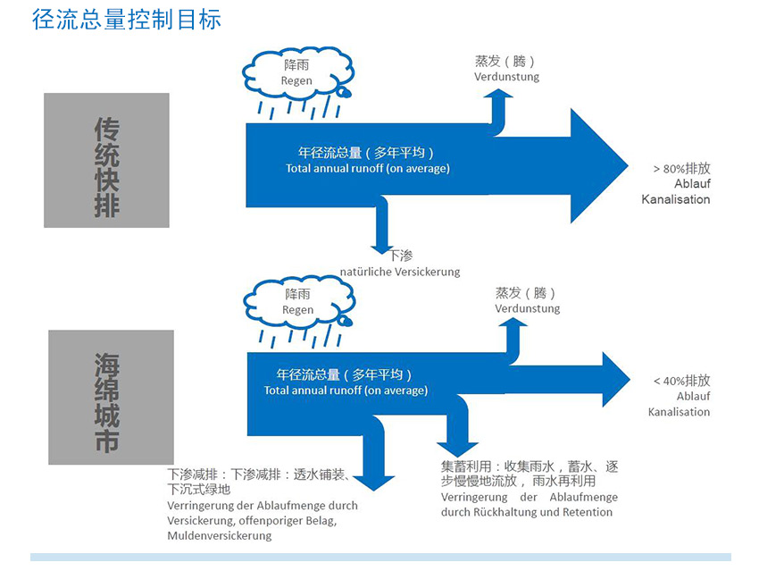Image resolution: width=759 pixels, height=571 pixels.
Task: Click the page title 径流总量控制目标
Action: tap(126, 20)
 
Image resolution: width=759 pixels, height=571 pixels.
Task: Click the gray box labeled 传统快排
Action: tap(106, 160)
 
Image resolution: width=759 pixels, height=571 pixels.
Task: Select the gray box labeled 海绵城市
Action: tap(111, 397)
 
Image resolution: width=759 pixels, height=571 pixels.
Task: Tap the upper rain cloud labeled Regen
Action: tap(297, 72)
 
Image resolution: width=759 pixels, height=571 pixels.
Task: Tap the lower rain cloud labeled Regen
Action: tap(298, 302)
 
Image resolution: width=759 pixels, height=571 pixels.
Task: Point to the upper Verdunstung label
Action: tap(506, 77)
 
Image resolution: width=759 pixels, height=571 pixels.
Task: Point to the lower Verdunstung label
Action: tap(527, 308)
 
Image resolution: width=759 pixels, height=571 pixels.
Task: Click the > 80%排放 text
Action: tap(681, 169)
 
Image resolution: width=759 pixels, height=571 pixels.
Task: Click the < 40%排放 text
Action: tap(681, 381)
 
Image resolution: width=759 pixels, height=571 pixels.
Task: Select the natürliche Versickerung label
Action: tap(400, 272)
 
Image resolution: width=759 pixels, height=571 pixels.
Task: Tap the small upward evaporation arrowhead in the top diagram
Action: tap(498, 94)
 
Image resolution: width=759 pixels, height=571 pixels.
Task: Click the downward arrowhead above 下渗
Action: tap(382, 250)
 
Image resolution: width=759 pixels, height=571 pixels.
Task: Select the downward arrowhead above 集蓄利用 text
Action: tap(457, 449)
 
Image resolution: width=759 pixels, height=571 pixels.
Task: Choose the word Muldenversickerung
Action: tap(220, 535)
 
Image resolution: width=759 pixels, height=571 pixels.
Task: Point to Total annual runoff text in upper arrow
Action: tap(367, 169)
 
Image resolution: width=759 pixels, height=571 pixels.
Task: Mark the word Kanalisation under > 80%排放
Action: tap(676, 199)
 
